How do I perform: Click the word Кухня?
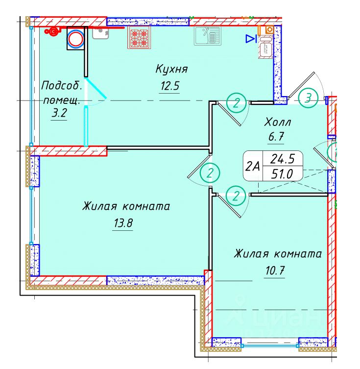[x=171, y=69]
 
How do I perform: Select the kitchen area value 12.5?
[x=170, y=87]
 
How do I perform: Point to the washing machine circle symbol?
[x=76, y=39]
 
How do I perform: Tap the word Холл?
[x=278, y=122]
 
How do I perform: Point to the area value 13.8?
[x=123, y=224]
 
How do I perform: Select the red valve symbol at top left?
[x=52, y=31]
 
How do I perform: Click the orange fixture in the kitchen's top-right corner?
[x=269, y=29]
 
